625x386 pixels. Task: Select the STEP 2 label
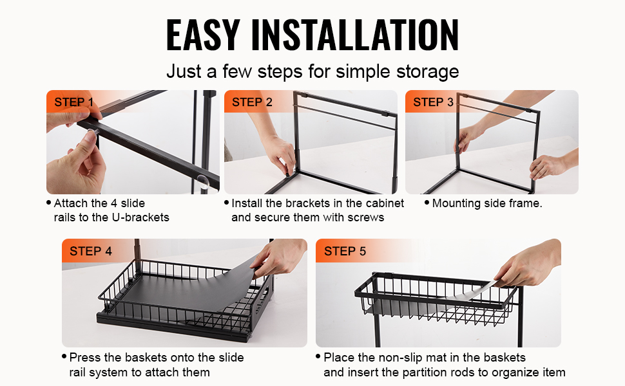click(x=252, y=102)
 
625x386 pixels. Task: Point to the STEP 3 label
click(x=433, y=102)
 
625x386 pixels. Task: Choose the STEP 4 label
click(x=91, y=251)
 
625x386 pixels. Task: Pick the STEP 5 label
click(x=345, y=251)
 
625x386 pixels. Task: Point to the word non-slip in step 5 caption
click(x=403, y=357)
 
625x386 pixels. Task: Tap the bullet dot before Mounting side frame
click(x=427, y=203)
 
